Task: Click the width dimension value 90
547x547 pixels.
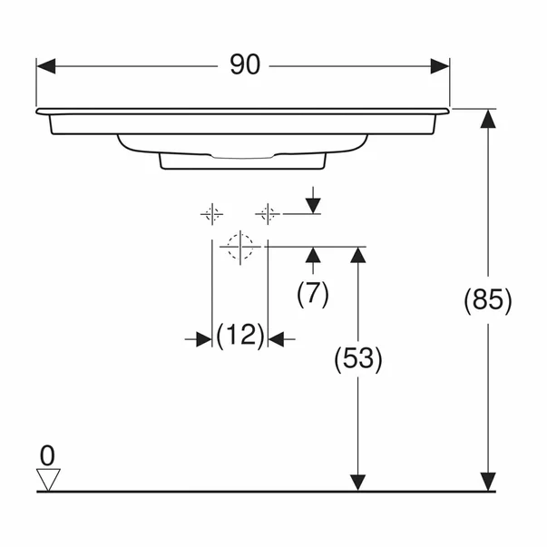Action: (244, 65)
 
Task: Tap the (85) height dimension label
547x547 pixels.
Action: (488, 299)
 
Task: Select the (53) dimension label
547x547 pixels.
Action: (358, 360)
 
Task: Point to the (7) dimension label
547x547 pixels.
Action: (313, 292)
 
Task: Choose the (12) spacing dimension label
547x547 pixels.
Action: (240, 337)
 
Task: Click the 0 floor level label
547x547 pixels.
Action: (47, 454)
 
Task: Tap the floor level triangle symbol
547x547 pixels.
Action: (47, 479)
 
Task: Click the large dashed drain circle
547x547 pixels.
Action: (240, 246)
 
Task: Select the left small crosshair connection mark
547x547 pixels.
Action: (212, 214)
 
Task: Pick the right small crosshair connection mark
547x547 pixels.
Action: (267, 214)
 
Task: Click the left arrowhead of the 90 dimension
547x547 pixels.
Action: (46, 66)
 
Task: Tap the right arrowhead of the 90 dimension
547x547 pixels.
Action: (440, 66)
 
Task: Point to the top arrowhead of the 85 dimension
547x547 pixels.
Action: (488, 119)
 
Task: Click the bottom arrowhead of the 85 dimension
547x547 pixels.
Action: (488, 482)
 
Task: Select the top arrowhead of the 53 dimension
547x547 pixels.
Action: (358, 256)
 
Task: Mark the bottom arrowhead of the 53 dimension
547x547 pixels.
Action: (358, 482)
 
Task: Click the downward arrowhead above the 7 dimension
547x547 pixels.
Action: (313, 205)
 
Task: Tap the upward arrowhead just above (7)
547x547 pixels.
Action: (313, 255)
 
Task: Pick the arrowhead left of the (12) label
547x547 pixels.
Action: (202, 338)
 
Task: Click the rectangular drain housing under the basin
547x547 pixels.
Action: (242, 161)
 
